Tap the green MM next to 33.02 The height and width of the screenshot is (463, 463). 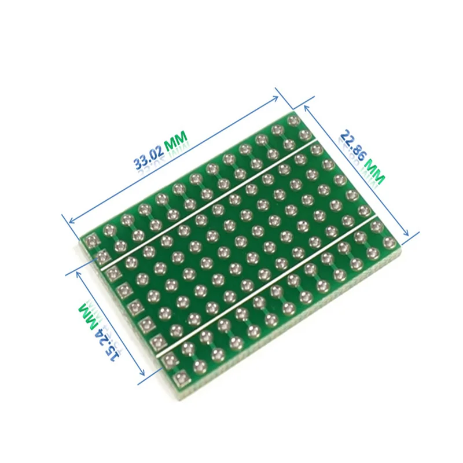(176, 139)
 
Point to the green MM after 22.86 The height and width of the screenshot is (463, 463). (373, 172)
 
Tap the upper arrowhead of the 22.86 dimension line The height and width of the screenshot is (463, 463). (305, 106)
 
